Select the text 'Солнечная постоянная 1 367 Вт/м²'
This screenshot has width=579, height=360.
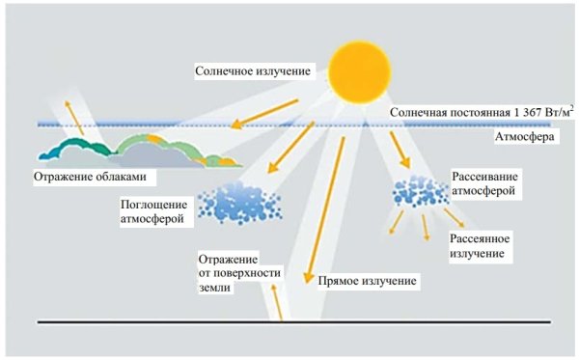[482, 113]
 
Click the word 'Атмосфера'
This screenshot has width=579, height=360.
[520, 137]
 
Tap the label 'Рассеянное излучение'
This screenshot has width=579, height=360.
[480, 245]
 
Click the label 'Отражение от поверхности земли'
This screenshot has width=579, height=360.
[239, 273]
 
